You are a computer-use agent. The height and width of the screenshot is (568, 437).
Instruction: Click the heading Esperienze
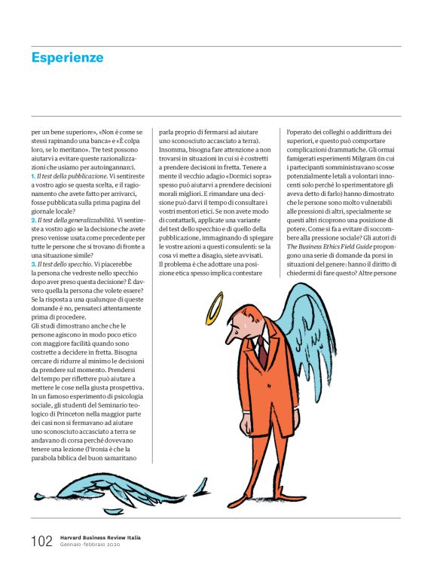click(67, 58)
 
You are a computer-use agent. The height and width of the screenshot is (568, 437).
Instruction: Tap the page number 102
click(41, 542)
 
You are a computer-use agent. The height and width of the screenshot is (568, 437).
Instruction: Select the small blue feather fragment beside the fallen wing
click(200, 490)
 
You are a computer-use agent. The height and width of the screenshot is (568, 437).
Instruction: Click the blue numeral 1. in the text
click(34, 176)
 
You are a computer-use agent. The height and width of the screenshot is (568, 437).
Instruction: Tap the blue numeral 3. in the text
click(34, 264)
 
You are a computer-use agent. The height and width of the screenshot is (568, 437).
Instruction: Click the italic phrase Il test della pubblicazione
click(72, 176)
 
